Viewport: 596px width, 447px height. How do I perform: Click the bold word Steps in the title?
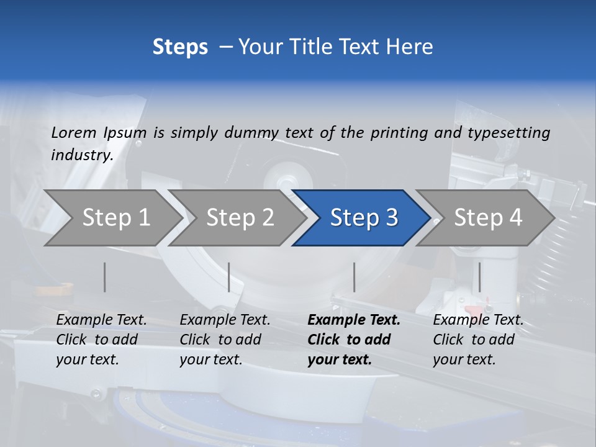180,47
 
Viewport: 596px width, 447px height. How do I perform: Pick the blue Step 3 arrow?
364,217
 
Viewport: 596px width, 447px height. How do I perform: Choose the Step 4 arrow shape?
488,217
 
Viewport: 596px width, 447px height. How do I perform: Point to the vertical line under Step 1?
105,277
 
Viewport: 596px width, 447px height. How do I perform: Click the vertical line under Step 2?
229,277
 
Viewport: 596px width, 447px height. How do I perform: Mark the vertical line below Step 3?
354,277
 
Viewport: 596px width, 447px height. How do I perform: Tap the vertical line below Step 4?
479,277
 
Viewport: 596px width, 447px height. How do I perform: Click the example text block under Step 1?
101,340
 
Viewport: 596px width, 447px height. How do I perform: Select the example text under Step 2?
225,340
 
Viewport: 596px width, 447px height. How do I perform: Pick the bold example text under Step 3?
354,340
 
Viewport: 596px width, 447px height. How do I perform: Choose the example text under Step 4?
478,340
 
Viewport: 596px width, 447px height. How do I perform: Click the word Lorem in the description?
74,133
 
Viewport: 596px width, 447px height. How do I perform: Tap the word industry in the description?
82,155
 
